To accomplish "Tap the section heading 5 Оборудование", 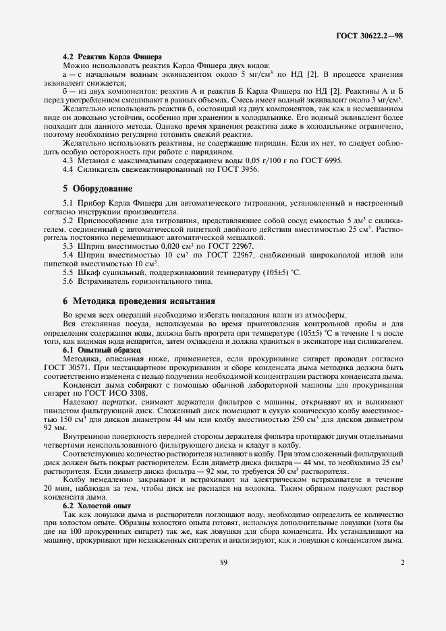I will coord(97,187).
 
